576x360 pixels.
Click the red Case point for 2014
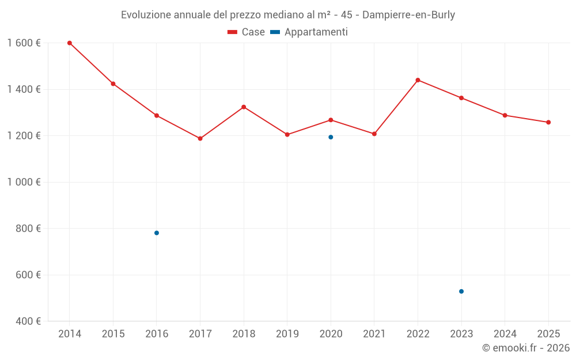click(x=70, y=43)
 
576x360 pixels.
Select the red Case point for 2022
click(x=418, y=80)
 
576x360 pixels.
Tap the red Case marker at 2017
click(x=200, y=139)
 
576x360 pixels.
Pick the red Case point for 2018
click(x=244, y=107)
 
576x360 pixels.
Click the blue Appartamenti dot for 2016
click(x=157, y=233)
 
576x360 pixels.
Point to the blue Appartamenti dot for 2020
click(x=331, y=137)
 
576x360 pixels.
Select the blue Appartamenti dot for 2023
click(x=461, y=291)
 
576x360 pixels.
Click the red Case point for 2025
click(x=548, y=122)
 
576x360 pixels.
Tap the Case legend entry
click(x=246, y=32)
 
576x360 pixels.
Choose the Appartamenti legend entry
click(x=309, y=32)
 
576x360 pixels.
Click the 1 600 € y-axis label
click(x=24, y=43)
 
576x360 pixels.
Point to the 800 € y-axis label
click(x=28, y=229)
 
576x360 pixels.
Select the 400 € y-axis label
click(x=28, y=321)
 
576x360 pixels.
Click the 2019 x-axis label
click(x=287, y=334)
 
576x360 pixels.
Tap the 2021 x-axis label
click(x=374, y=334)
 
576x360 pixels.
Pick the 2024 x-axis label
click(x=505, y=334)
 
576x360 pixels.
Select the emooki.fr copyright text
click(x=525, y=348)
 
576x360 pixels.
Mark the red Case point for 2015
click(x=113, y=84)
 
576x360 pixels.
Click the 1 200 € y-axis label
click(x=24, y=136)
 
